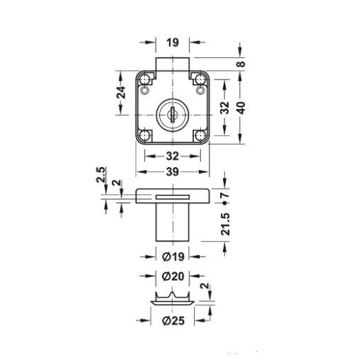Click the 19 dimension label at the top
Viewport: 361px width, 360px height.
coord(173,43)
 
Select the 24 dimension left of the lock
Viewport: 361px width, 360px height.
coord(121,92)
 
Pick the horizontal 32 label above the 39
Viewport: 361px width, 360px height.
coord(173,157)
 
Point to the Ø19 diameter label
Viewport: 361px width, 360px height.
coord(173,257)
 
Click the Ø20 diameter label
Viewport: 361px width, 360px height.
coord(173,276)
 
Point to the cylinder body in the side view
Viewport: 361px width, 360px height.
coord(173,223)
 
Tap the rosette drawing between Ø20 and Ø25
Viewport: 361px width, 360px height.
coord(173,298)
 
